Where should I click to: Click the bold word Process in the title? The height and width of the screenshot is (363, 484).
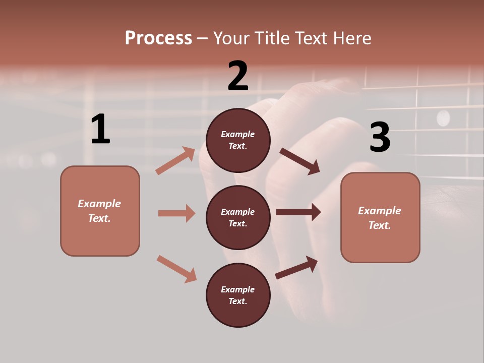coord(158,38)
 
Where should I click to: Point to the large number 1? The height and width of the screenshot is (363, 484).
coord(100,130)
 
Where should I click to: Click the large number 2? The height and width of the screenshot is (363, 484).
coord(238,76)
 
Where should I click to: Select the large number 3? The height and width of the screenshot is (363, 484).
coord(380,137)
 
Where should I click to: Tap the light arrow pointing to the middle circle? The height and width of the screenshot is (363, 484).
coord(176,213)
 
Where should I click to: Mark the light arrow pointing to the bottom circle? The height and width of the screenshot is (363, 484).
coord(176,269)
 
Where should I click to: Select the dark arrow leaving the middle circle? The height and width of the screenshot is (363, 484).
coord(298,212)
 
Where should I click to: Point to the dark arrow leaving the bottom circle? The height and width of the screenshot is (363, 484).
coord(296,268)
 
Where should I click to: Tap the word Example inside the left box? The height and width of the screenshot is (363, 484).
coord(99,204)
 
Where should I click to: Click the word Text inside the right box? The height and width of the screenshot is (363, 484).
coord(380,225)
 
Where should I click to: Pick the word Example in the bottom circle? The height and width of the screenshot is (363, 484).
coord(238,289)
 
